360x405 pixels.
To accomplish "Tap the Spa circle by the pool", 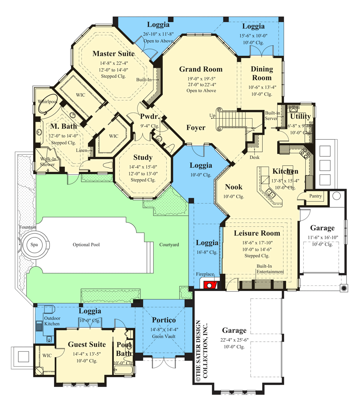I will tap(34, 245).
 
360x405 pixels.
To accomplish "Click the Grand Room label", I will tap(201, 69).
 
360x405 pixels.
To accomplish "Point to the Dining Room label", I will tap(262, 73).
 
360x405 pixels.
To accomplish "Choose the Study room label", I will tap(143, 157).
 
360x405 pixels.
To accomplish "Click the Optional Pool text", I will tap(86, 245).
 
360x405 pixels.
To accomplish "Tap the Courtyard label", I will tap(169, 245).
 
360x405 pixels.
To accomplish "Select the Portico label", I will tap(164, 320).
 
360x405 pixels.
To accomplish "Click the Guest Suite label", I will tap(87, 344).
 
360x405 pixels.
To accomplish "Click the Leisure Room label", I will tap(257, 233).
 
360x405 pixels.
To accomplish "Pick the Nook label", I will tap(234, 187).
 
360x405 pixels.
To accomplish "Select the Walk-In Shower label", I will tap(48, 162).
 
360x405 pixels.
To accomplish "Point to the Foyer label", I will tap(196, 128).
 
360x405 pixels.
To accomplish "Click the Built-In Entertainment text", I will tap(270, 269).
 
